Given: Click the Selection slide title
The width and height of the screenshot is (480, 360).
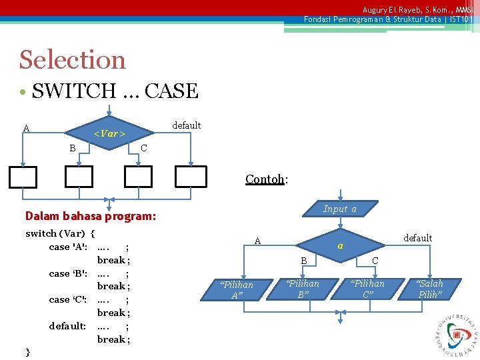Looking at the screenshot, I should click(72, 60).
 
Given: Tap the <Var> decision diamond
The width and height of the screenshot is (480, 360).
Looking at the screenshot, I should click(109, 134).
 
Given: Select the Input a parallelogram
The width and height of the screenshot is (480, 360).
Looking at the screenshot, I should click(340, 209).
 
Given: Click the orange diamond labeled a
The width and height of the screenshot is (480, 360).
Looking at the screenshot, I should click(340, 246).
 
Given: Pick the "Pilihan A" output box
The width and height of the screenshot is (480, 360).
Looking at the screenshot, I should click(237, 290).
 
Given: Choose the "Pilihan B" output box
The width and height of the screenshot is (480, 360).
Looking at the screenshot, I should click(303, 289).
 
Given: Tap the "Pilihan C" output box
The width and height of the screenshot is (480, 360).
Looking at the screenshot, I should click(368, 289).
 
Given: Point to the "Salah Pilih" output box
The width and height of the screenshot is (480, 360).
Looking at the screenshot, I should click(429, 289).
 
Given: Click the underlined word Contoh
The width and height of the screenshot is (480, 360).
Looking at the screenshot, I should click(265, 179).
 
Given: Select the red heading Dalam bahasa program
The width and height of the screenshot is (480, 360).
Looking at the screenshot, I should click(90, 216).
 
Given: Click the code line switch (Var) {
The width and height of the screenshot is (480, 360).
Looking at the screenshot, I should click(60, 233).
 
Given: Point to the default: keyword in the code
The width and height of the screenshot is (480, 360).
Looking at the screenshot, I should click(67, 326).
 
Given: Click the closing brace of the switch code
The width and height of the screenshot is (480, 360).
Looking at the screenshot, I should click(27, 351).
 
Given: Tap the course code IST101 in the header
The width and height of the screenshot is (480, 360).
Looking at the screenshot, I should click(461, 19).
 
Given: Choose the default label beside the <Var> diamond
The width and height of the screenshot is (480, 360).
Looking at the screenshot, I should click(186, 125).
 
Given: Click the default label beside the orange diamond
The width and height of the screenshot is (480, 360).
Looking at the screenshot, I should click(418, 238).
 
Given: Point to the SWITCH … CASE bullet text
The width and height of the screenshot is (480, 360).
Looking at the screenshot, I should click(115, 91).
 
